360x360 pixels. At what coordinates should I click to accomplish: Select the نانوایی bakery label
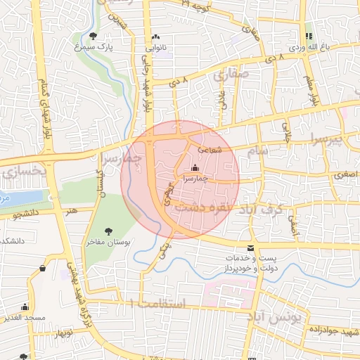coord(155,49)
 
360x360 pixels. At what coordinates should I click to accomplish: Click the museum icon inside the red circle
coord(195,168)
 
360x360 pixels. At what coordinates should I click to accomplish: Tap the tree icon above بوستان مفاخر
coord(108,231)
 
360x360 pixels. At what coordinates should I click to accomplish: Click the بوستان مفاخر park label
coord(105,242)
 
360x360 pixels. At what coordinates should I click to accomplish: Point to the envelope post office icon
coord(251,248)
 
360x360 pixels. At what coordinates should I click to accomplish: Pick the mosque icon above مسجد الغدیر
coord(25,307)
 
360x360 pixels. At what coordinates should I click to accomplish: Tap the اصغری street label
coord(325,173)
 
